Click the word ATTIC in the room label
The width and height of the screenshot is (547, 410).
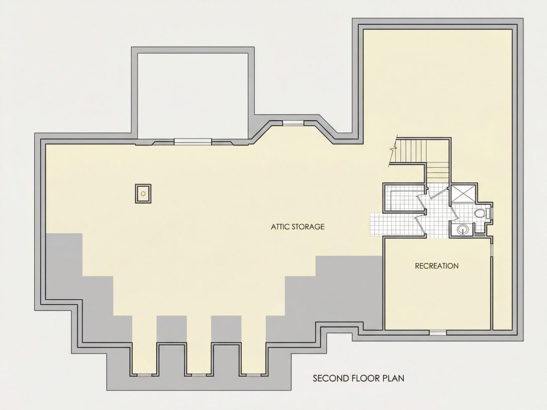click(280, 227)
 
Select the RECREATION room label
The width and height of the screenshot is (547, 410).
click(437, 266)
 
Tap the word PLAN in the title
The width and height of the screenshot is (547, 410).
click(393, 378)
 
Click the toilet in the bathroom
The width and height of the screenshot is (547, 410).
click(481, 213)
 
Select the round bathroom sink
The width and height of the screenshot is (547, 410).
click(463, 229)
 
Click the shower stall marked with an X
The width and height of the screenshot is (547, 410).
click(462, 193)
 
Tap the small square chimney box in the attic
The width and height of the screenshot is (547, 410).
click(143, 193)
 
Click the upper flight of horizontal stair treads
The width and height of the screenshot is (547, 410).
click(412, 151)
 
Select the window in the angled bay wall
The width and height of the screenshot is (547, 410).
click(293, 123)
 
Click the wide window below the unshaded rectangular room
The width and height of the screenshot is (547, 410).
click(193, 141)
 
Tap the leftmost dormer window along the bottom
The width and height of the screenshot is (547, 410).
click(143, 375)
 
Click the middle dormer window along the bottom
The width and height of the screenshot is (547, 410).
click(198, 375)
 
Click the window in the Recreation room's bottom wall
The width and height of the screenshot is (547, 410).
click(438, 332)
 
